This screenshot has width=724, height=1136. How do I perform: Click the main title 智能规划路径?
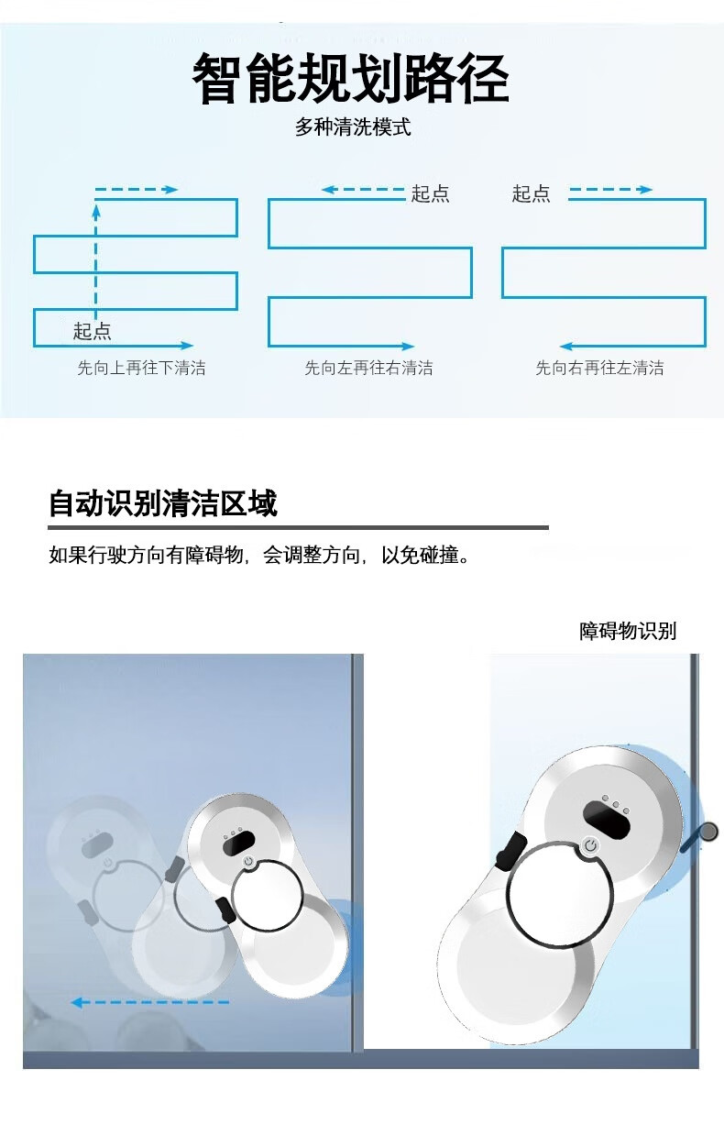pos(350,79)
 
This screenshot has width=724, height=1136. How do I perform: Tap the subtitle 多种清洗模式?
pos(353,127)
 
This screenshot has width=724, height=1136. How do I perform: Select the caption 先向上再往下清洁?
pos(141,368)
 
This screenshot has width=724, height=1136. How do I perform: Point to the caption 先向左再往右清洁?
pos(368,368)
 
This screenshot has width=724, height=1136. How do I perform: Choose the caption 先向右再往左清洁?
pos(599,368)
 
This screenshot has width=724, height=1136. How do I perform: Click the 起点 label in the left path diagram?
pos(92,331)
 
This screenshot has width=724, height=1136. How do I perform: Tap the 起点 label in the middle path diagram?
pos(430,193)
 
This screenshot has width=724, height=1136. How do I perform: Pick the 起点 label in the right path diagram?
pos(531,193)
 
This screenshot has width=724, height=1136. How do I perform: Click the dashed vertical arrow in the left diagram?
pos(96,261)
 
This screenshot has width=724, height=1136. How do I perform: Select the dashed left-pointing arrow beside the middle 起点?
pos(363,190)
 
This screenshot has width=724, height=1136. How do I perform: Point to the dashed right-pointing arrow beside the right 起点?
pos(610,190)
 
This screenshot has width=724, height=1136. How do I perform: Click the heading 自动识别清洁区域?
pos(163,503)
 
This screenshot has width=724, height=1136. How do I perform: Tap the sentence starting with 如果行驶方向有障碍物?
pos(259,556)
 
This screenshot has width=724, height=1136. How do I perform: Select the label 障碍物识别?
pos(628,632)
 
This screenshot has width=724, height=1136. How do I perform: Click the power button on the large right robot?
pos(589,846)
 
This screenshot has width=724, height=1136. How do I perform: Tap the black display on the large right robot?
pos(607,820)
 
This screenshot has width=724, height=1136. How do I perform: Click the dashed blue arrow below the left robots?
pos(150,1002)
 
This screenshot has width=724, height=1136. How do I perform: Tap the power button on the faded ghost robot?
pos(107,862)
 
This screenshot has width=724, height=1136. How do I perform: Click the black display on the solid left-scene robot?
pos(237,844)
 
